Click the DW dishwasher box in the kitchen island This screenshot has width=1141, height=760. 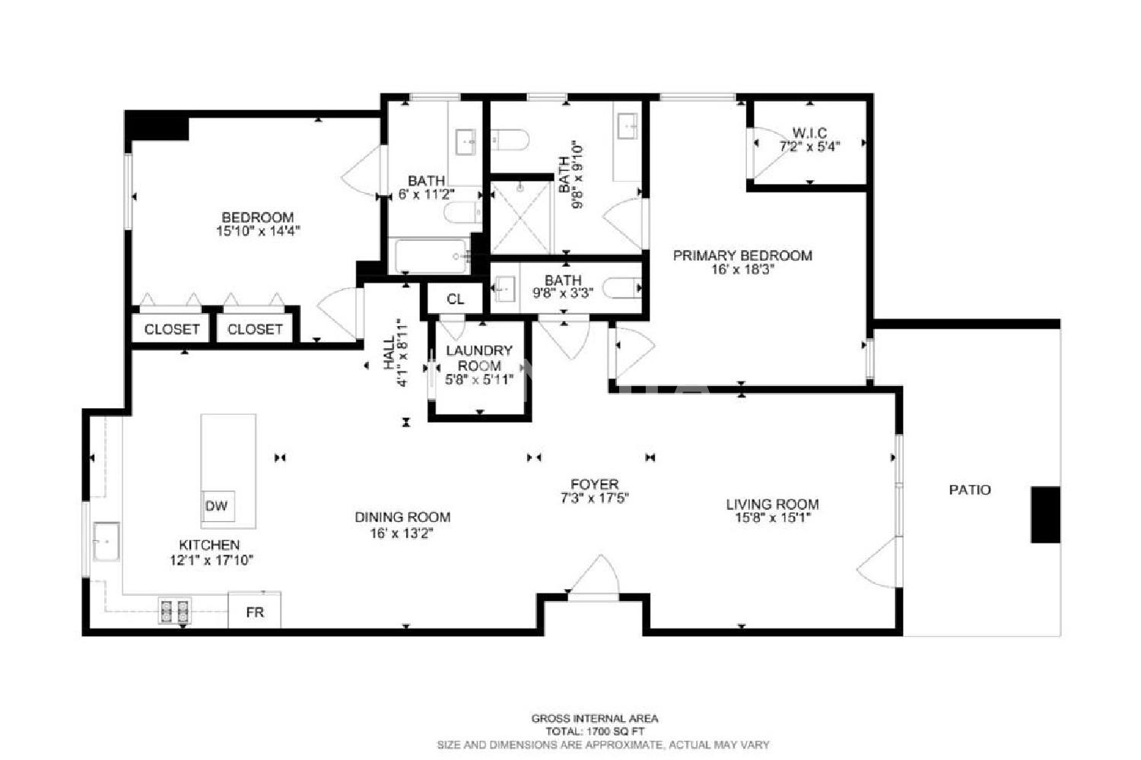pos(218,506)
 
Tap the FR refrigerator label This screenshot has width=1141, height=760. pos(255,613)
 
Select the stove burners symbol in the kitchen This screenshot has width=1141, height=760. pos(174,611)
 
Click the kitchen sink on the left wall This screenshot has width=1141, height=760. pos(106,542)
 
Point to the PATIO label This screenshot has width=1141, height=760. pos(970,490)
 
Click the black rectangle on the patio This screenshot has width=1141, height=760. pos(1046,515)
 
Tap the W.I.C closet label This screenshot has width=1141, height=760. pos(809,133)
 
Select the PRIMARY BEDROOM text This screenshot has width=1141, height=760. pos(742,255)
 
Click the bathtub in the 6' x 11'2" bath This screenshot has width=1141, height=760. pos(431,256)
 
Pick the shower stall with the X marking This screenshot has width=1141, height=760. pos(520,217)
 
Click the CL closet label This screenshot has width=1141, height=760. pos(456,299)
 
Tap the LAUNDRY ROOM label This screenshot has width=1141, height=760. pos(478,358)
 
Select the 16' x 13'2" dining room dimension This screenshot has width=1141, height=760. pos(402,533)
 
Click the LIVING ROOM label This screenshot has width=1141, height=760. pos(772,505)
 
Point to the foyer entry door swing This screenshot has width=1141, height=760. pos(594,575)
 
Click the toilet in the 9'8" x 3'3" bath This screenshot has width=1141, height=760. pos(621,288)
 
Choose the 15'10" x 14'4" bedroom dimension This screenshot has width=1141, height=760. pos(258,231)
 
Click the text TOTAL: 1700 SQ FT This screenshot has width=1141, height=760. pos(595,731)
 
